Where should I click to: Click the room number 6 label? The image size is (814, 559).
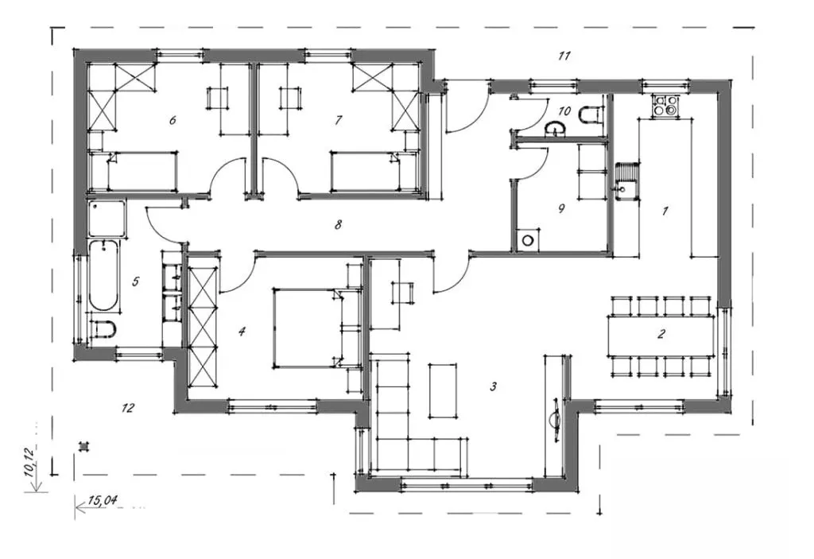click(x=172, y=120)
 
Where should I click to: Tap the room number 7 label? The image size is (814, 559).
click(x=339, y=120)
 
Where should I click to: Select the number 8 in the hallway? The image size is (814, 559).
click(x=338, y=225)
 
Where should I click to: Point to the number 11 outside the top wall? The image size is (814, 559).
click(x=564, y=56)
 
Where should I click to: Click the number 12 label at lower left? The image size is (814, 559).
click(x=128, y=408)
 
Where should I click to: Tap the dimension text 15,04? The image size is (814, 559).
click(x=103, y=500)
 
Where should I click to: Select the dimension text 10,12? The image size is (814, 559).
click(x=29, y=462)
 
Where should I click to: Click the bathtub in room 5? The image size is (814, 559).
click(x=104, y=275)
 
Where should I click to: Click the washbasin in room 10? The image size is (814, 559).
click(x=556, y=128)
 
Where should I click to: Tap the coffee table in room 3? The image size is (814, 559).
click(x=444, y=390)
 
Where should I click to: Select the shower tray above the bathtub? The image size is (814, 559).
click(x=107, y=218)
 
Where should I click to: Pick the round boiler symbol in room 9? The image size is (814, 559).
click(x=528, y=240)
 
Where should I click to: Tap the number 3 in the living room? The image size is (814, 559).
click(x=493, y=386)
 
